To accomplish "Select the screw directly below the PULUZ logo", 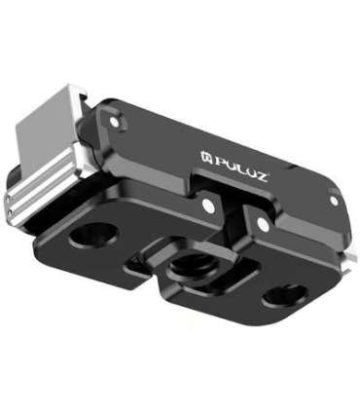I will [206, 206].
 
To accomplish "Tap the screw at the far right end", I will [333, 201].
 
